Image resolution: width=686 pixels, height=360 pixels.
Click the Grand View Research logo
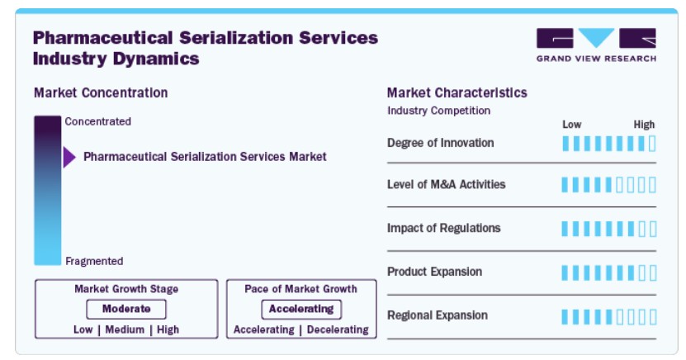click(596, 45)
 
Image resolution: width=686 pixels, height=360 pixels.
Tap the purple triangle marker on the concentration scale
click(69, 157)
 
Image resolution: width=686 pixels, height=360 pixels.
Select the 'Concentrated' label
click(98, 121)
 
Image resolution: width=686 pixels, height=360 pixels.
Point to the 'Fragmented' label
click(94, 261)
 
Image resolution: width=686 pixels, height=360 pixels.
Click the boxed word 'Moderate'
click(126, 309)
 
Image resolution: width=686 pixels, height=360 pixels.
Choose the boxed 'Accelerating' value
click(301, 310)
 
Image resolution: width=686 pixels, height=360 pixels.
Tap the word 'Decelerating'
click(338, 329)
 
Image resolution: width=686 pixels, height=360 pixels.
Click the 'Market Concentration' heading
click(101, 92)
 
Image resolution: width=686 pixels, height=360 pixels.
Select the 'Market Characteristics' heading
click(457, 92)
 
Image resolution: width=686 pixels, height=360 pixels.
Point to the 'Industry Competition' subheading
click(439, 111)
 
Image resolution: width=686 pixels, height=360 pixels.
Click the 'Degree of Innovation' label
click(441, 143)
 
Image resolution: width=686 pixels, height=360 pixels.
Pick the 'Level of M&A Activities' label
click(447, 185)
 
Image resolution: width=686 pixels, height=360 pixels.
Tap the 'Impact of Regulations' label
click(443, 229)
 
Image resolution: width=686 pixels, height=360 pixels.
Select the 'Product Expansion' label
click(434, 272)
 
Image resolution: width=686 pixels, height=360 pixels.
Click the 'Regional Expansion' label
click(437, 315)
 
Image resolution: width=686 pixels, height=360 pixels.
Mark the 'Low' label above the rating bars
click(572, 125)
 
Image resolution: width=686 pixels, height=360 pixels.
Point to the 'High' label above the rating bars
click(645, 125)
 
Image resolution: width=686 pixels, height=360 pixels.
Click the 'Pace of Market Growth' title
click(301, 289)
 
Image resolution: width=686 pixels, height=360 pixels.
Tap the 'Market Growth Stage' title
click(126, 289)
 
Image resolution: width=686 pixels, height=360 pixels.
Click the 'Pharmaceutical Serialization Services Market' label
click(205, 157)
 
